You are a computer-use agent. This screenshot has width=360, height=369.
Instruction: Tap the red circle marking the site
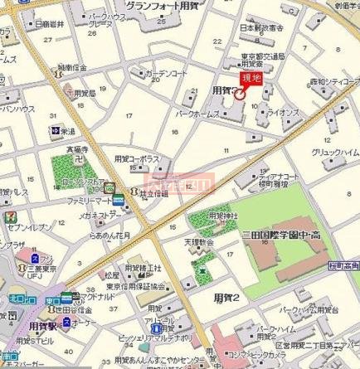[x=240, y=94]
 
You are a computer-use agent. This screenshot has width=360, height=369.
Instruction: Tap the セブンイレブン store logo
[x=9, y=215]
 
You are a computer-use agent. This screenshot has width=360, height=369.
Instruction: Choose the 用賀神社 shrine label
[x=221, y=215]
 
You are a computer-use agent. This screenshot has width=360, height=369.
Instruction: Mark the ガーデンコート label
[x=166, y=73]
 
